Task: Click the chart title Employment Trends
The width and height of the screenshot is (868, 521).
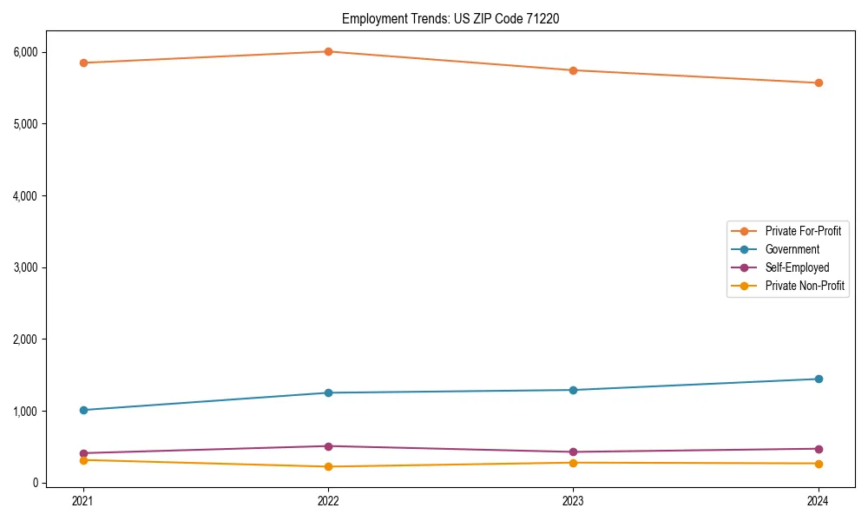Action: pos(450,18)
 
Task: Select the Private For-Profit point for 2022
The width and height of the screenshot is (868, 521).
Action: pos(328,51)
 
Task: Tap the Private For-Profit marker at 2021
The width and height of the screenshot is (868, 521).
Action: pos(83,63)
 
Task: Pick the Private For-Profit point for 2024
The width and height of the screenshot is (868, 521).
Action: pos(819,83)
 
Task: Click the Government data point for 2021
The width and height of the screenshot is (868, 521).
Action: pos(83,410)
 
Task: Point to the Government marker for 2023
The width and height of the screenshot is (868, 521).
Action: pos(574,390)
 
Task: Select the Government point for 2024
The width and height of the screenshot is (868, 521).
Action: pos(819,379)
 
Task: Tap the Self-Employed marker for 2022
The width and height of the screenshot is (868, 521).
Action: pos(328,446)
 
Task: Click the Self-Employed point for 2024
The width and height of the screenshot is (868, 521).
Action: pos(819,449)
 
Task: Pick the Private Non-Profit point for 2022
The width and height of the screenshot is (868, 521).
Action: pos(328,466)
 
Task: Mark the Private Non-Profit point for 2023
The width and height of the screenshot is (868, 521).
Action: pos(574,463)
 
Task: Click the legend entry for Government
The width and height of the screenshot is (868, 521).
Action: pos(792,249)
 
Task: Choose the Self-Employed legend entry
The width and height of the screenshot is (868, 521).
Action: pos(797,267)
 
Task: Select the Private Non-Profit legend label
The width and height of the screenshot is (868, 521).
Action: pos(805,286)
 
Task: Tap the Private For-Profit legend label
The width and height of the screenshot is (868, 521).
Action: pos(803,231)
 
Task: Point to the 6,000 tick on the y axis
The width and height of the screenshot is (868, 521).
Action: pos(26,52)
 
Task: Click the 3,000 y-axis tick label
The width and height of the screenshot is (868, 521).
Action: pos(26,267)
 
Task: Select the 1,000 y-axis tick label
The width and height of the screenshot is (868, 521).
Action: pos(26,411)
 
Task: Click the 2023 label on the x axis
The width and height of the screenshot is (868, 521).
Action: pos(574,500)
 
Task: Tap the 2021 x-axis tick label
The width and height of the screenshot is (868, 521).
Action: pos(83,500)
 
